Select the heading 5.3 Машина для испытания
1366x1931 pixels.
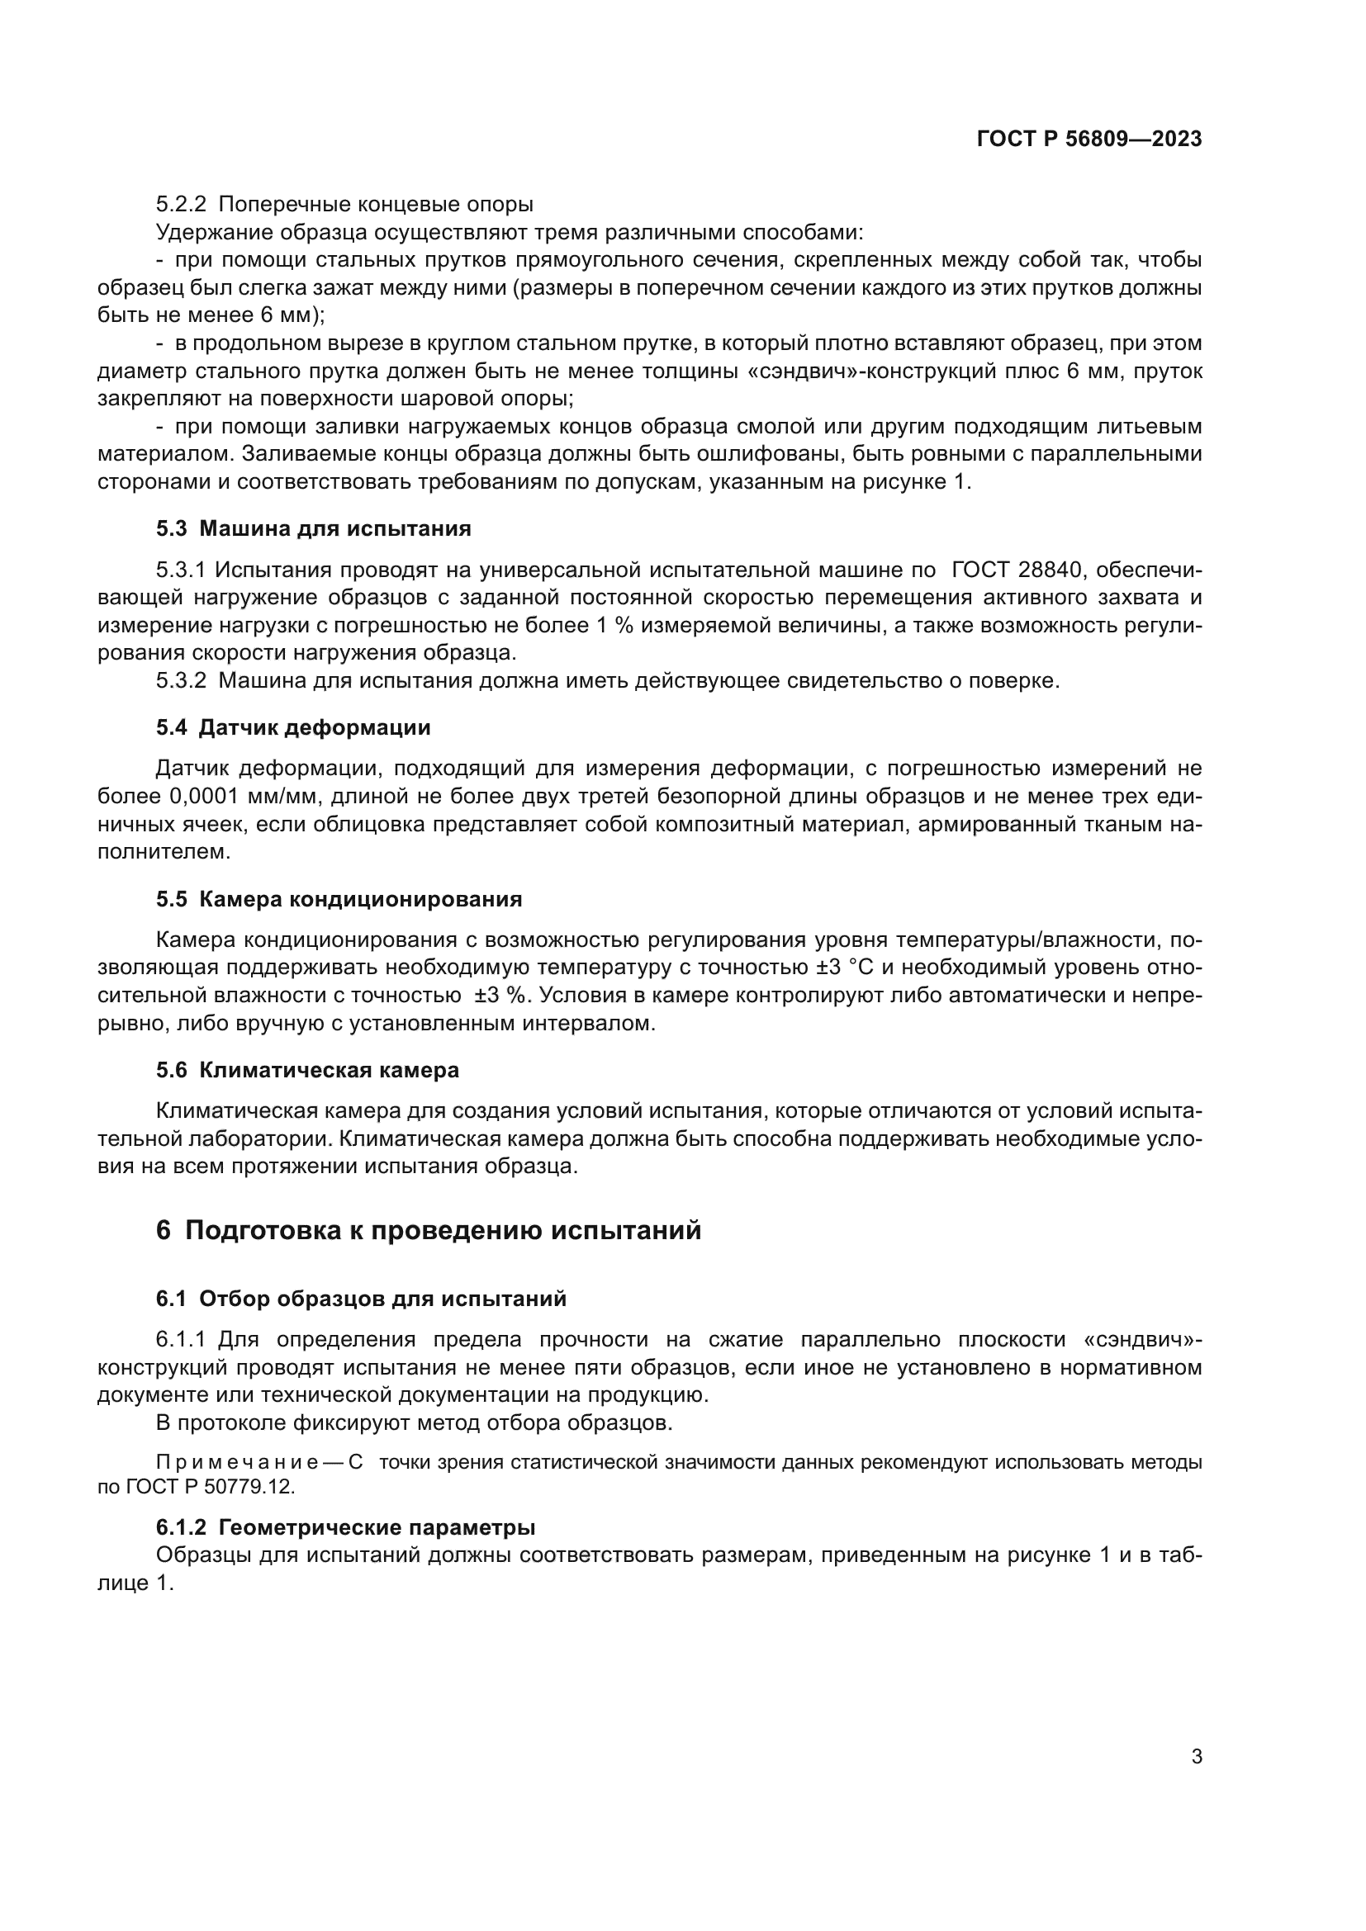pyautogui.click(x=313, y=529)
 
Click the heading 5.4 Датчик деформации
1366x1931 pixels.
pyautogui.click(x=292, y=727)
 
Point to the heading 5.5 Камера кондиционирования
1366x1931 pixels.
pyautogui.click(x=338, y=899)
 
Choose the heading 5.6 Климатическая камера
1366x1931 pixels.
pyautogui.click(x=307, y=1071)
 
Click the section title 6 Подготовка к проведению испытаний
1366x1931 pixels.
pyautogui.click(x=428, y=1230)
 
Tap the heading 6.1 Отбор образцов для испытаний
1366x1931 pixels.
pyautogui.click(x=361, y=1299)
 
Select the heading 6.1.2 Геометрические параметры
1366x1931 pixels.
pyautogui.click(x=345, y=1526)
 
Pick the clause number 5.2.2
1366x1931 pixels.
pyautogui.click(x=181, y=205)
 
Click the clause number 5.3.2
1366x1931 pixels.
pyautogui.click(x=181, y=680)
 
